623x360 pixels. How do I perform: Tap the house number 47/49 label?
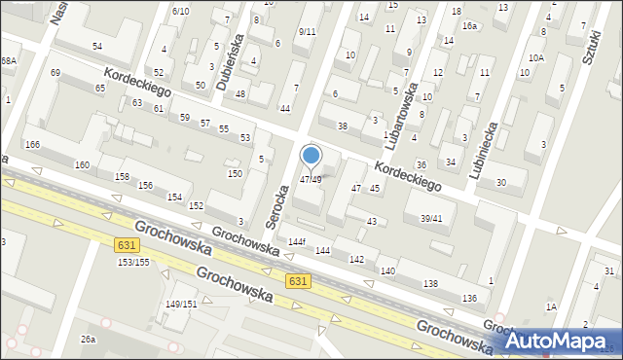click(x=311, y=179)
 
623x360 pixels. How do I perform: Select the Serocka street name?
click(x=277, y=190)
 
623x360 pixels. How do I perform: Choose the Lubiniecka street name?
click(x=486, y=149)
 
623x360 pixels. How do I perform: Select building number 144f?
click(x=297, y=241)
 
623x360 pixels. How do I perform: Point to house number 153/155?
click(x=133, y=262)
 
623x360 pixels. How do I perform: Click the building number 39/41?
click(x=431, y=219)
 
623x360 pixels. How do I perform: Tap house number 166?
click(x=32, y=144)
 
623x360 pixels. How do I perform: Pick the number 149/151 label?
click(x=181, y=304)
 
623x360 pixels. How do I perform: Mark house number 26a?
click(x=89, y=339)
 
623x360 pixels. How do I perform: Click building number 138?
click(x=430, y=282)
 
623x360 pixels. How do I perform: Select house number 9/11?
click(x=307, y=31)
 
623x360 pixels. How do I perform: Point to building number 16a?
click(x=469, y=26)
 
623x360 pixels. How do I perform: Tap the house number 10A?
click(x=535, y=57)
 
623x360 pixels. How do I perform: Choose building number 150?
click(x=235, y=173)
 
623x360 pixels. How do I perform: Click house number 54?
click(x=97, y=46)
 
